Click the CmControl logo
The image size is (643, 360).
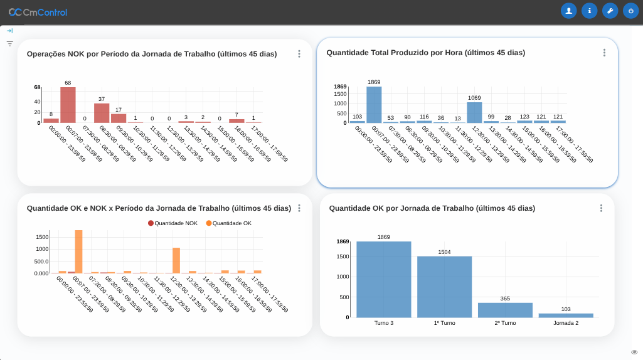38,12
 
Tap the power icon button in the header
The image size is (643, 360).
630,11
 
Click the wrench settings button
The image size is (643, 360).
610,11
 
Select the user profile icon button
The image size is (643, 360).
568,11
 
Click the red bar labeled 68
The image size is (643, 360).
68,105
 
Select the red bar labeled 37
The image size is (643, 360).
102,113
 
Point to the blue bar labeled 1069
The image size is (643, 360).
474,112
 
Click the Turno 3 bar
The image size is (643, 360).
384,279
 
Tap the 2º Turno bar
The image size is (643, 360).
505,310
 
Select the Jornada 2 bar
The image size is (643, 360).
566,315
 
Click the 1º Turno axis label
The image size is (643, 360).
444,323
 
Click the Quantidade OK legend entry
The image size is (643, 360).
229,223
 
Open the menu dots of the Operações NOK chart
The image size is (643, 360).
299,54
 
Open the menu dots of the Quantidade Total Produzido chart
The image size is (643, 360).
604,53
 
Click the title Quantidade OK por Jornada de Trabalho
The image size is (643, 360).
432,208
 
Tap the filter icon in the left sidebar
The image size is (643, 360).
9,44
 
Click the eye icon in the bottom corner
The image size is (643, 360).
634,352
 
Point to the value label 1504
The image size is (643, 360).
444,252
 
